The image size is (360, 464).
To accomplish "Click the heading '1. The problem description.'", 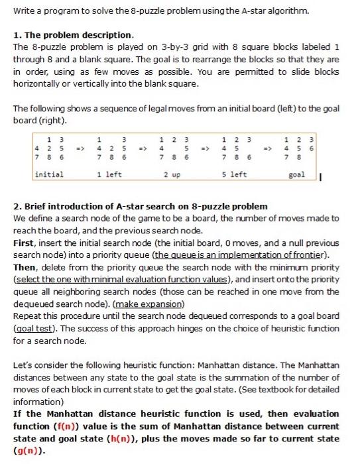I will pos(73,34).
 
